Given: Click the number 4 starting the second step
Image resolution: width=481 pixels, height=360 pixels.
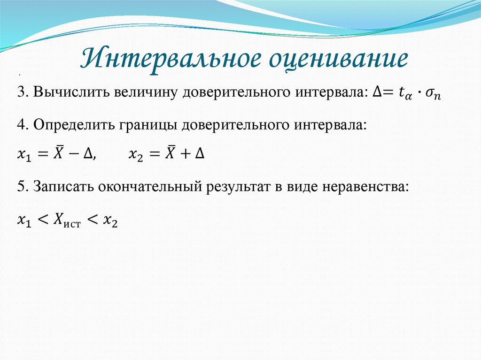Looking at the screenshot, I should [x=21, y=125].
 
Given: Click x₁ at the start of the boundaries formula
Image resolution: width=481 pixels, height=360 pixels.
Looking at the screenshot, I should [x=23, y=155].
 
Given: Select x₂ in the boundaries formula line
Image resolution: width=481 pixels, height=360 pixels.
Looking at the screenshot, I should [x=135, y=155].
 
